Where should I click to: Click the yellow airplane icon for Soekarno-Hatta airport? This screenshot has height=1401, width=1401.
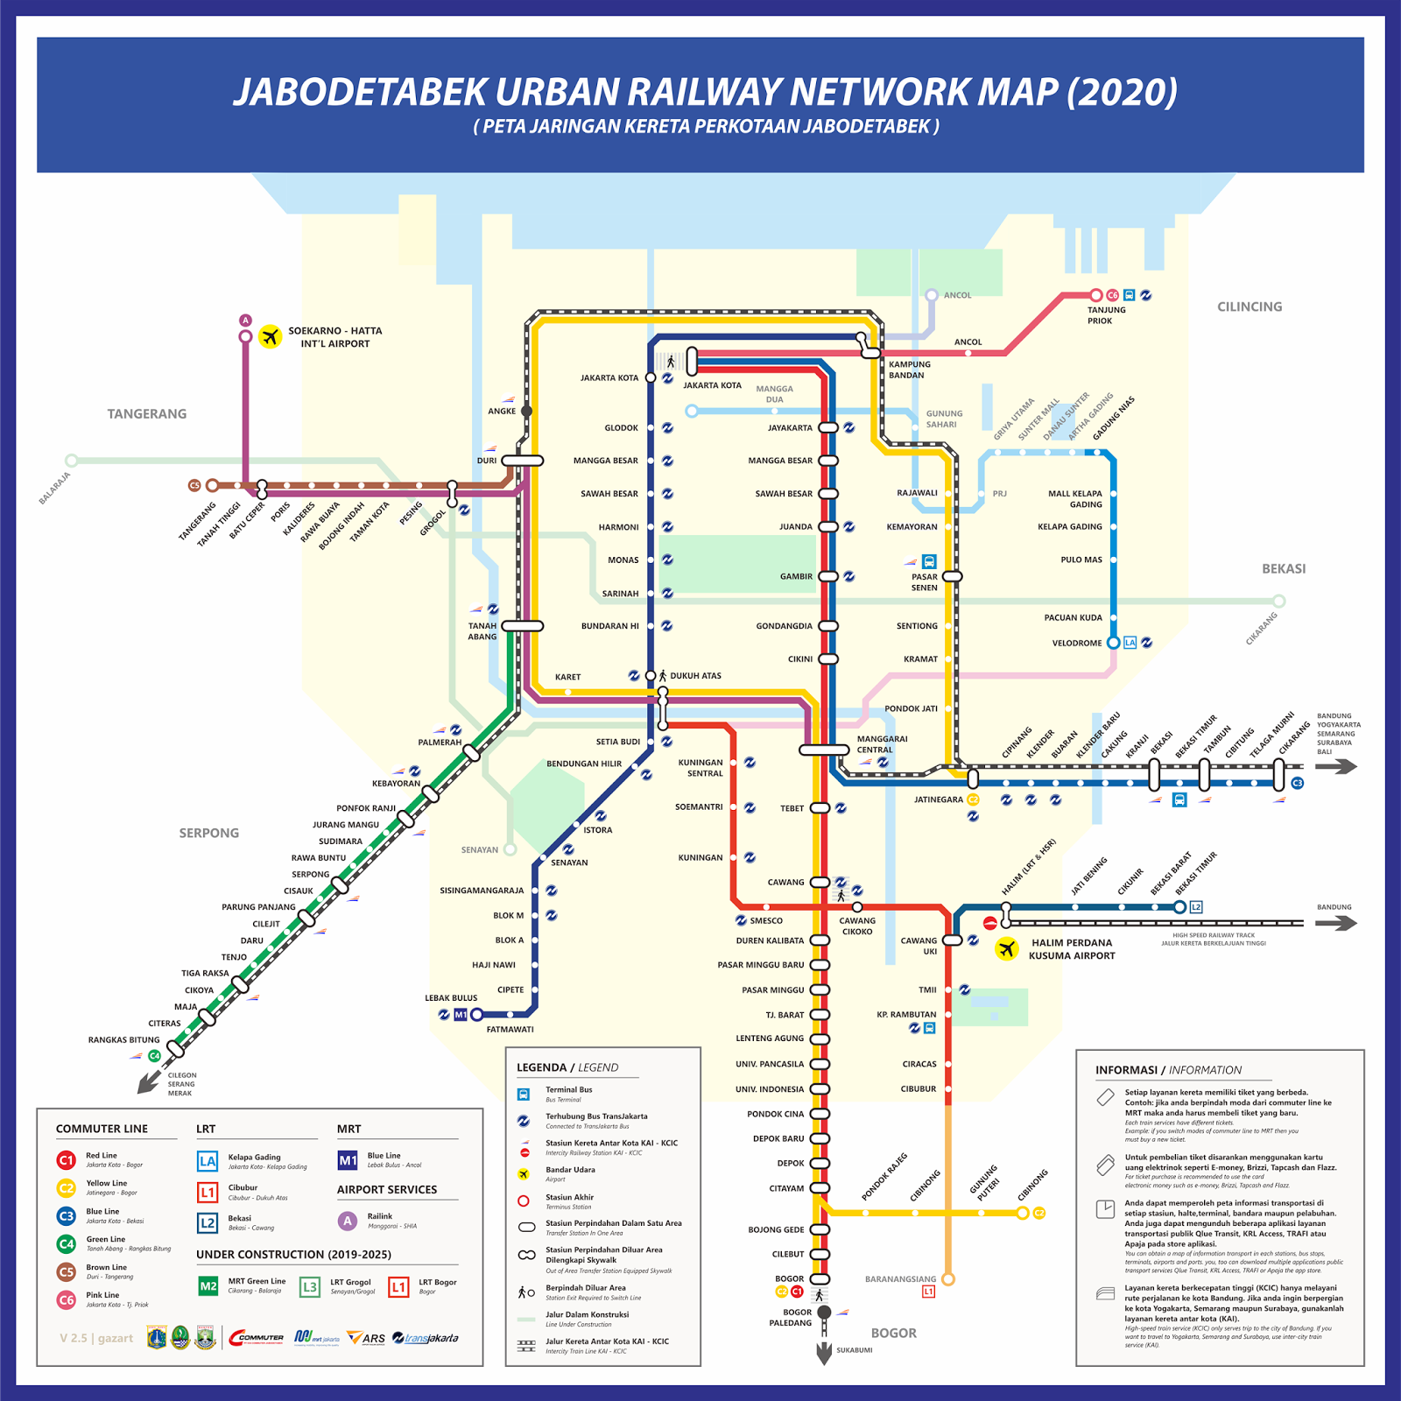[x=271, y=336]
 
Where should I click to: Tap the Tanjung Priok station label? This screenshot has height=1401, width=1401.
[x=1106, y=315]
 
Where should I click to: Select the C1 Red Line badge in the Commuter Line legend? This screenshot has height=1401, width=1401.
[x=67, y=1160]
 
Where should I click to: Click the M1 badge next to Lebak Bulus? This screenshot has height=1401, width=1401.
[x=461, y=1015]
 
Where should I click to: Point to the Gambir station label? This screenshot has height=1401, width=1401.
[x=796, y=577]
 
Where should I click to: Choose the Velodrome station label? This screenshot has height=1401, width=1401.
[x=1076, y=644]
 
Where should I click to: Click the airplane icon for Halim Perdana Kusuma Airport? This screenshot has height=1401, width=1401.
[x=1007, y=948]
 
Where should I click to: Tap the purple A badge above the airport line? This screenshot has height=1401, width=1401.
[x=246, y=320]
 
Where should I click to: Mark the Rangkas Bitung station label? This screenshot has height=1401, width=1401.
[x=123, y=1040]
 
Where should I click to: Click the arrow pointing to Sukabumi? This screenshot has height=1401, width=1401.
[x=824, y=1354]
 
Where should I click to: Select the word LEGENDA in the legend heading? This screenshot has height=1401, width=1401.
[x=541, y=1067]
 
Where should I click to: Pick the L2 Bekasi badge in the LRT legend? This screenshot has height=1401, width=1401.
[x=208, y=1223]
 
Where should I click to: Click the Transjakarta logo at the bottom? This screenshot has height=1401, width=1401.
[x=426, y=1338]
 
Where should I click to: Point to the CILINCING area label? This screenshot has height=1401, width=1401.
[x=1249, y=307]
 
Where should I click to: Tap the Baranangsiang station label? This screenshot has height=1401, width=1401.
[x=900, y=1279]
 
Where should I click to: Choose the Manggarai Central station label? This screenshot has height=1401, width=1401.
[x=882, y=744]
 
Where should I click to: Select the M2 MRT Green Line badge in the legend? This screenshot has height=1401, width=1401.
[x=208, y=1286]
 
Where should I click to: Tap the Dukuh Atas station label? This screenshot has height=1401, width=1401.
[x=695, y=676]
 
